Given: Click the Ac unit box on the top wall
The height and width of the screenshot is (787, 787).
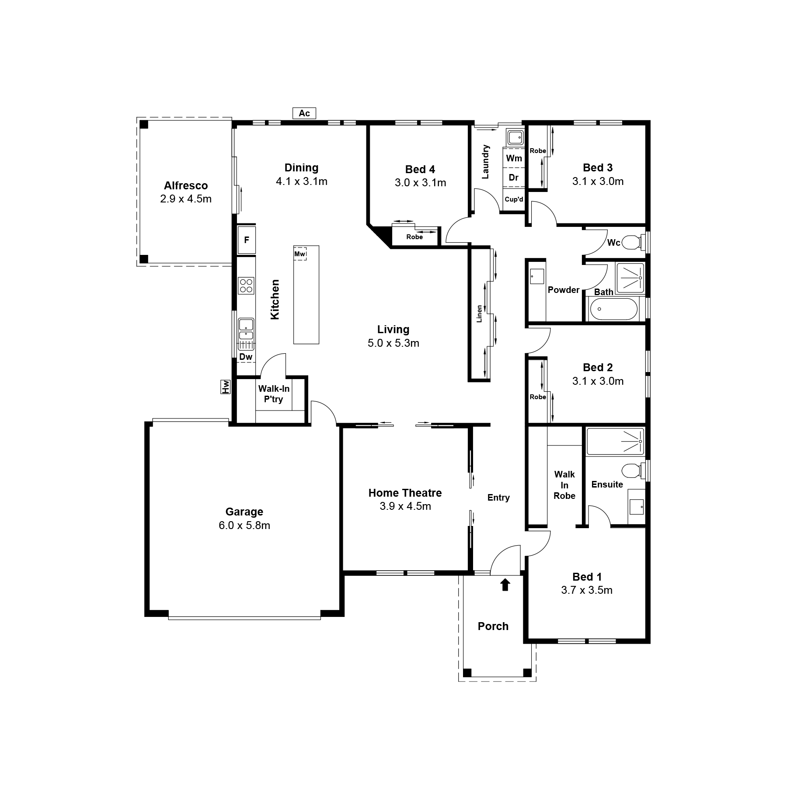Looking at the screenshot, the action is (x=304, y=113).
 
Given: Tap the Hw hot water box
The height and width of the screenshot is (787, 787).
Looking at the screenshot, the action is (x=226, y=387).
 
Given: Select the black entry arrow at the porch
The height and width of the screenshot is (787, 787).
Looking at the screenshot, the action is (x=505, y=585).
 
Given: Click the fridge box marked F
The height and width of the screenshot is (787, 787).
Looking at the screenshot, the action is (x=247, y=240).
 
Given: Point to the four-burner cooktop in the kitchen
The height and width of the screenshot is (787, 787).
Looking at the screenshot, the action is (x=246, y=286).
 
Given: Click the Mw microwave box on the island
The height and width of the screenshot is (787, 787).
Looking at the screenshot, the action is (x=299, y=254).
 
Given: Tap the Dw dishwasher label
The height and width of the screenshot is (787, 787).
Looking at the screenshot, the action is (x=246, y=357).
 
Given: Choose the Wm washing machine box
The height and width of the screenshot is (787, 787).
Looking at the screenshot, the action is (x=514, y=158).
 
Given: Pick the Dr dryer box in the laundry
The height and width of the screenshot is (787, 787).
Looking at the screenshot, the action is (x=514, y=178).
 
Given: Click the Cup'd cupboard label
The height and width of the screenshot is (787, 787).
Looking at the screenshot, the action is (x=514, y=199).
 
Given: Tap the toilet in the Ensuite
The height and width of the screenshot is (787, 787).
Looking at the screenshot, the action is (x=633, y=470).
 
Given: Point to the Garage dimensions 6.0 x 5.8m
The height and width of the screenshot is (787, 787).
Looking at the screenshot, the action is (x=244, y=525).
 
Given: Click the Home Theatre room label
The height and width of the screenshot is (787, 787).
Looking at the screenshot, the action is (x=405, y=493).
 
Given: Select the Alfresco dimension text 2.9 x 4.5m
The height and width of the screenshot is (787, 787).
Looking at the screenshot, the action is (x=186, y=199).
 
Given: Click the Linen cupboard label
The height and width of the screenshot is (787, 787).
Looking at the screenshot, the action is (x=479, y=313).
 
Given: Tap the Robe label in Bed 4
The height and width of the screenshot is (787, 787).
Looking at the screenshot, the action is (x=414, y=237).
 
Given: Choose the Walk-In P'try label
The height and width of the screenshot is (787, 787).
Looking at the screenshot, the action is (x=274, y=394).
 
